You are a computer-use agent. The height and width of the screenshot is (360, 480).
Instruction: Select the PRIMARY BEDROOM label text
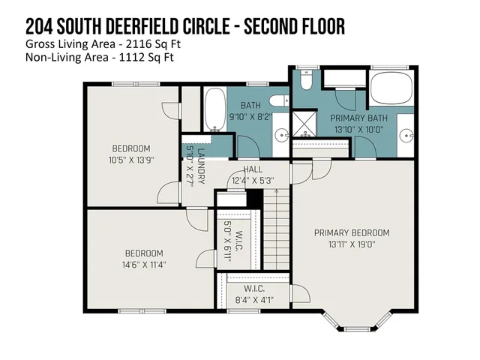[x=352, y=232]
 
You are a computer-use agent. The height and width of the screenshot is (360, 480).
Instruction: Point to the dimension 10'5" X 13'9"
[x=132, y=159]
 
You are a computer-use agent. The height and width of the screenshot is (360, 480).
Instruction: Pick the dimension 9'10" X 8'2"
[x=251, y=117]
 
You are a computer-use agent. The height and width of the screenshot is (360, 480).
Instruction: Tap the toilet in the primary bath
[x=307, y=82]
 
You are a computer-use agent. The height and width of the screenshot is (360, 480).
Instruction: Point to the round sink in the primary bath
[x=404, y=136]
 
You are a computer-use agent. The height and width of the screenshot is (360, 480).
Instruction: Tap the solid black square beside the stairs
[x=254, y=198]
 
